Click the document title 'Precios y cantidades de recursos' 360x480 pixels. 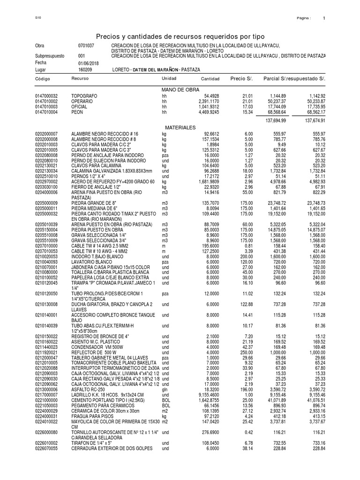point(180,36)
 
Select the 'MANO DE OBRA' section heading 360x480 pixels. point(180,90)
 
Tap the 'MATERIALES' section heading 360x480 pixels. point(180,127)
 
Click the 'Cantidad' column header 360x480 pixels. point(210,78)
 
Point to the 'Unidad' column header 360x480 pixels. point(169,78)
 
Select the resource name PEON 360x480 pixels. point(77,112)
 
